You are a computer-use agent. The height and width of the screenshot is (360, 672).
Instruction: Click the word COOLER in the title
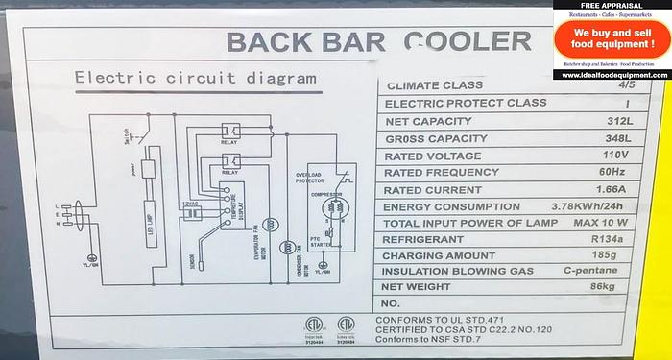coord(468,41)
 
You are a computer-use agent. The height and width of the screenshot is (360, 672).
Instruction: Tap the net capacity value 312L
coord(619,121)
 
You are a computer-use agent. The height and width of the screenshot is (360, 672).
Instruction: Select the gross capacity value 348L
coord(619,138)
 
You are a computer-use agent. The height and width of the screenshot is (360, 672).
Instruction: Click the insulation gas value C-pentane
coord(611,273)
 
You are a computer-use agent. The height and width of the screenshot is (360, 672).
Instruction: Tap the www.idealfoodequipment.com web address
coord(612,73)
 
